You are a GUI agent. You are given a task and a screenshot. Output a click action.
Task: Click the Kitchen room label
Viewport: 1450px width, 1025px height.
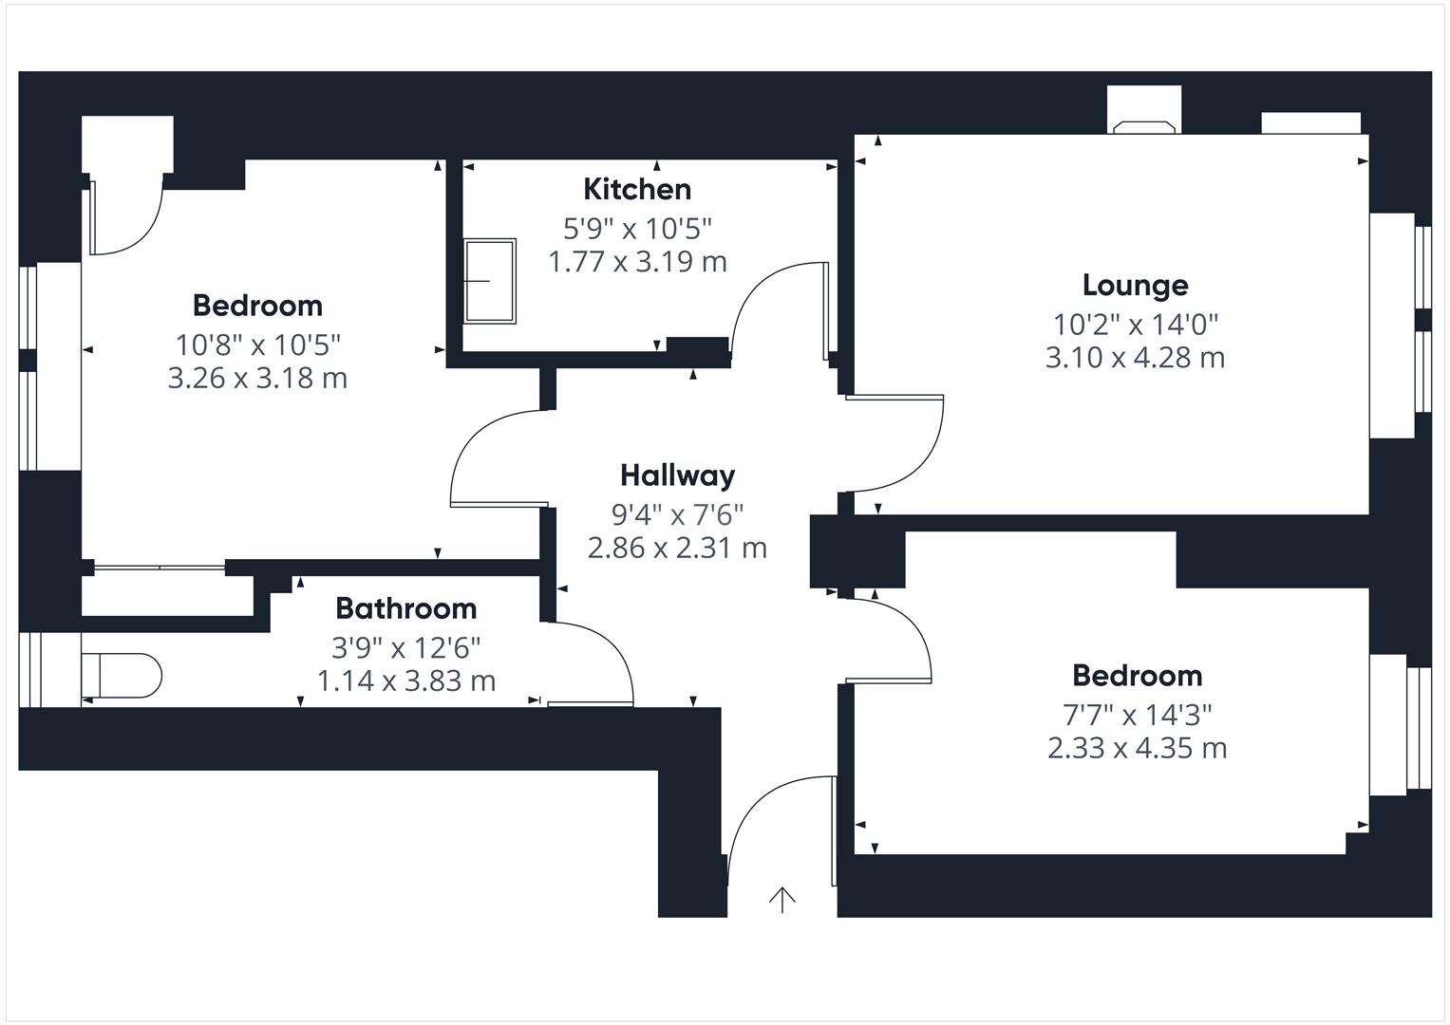point(636,189)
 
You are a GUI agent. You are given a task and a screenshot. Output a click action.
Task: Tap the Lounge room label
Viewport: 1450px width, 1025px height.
point(1135,285)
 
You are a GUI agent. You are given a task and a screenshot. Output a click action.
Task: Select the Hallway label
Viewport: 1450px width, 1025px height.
point(677,475)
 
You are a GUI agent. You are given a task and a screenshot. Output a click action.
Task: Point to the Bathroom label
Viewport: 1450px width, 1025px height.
point(405,607)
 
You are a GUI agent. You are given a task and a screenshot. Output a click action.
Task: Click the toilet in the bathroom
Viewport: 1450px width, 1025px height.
point(122,676)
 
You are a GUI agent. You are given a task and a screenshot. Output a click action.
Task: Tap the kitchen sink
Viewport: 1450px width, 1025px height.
point(490,281)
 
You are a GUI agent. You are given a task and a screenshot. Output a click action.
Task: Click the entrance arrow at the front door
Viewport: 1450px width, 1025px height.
point(781,899)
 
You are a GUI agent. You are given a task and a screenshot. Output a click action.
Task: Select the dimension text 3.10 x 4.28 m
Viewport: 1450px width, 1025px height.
point(1135,358)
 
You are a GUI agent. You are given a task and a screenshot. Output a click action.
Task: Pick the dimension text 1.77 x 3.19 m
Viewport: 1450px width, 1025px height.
point(637,261)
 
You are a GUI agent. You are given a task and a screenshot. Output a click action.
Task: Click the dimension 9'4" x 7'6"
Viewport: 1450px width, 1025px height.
point(677,514)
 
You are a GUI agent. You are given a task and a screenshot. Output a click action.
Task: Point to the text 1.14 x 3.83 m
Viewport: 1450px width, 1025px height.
point(405,680)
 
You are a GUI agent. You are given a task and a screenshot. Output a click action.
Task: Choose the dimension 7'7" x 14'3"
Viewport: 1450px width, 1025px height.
point(1137,714)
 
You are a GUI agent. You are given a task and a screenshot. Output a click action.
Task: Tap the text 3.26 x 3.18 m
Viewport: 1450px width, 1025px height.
point(257,378)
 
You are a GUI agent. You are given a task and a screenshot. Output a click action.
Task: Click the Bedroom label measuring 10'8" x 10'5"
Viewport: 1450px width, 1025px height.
point(257,305)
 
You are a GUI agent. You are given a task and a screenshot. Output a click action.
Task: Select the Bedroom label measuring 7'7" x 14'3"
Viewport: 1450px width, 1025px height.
point(1137,675)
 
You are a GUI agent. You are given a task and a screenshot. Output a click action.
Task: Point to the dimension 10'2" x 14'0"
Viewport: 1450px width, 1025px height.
point(1135,325)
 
